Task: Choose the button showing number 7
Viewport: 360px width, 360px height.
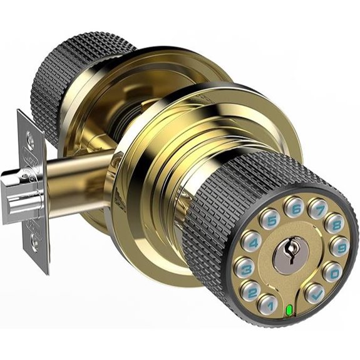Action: pyautogui.click(x=317, y=209)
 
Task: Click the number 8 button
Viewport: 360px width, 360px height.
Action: pyautogui.click(x=334, y=223)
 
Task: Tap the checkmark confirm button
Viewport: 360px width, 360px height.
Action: pyautogui.click(x=314, y=292)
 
